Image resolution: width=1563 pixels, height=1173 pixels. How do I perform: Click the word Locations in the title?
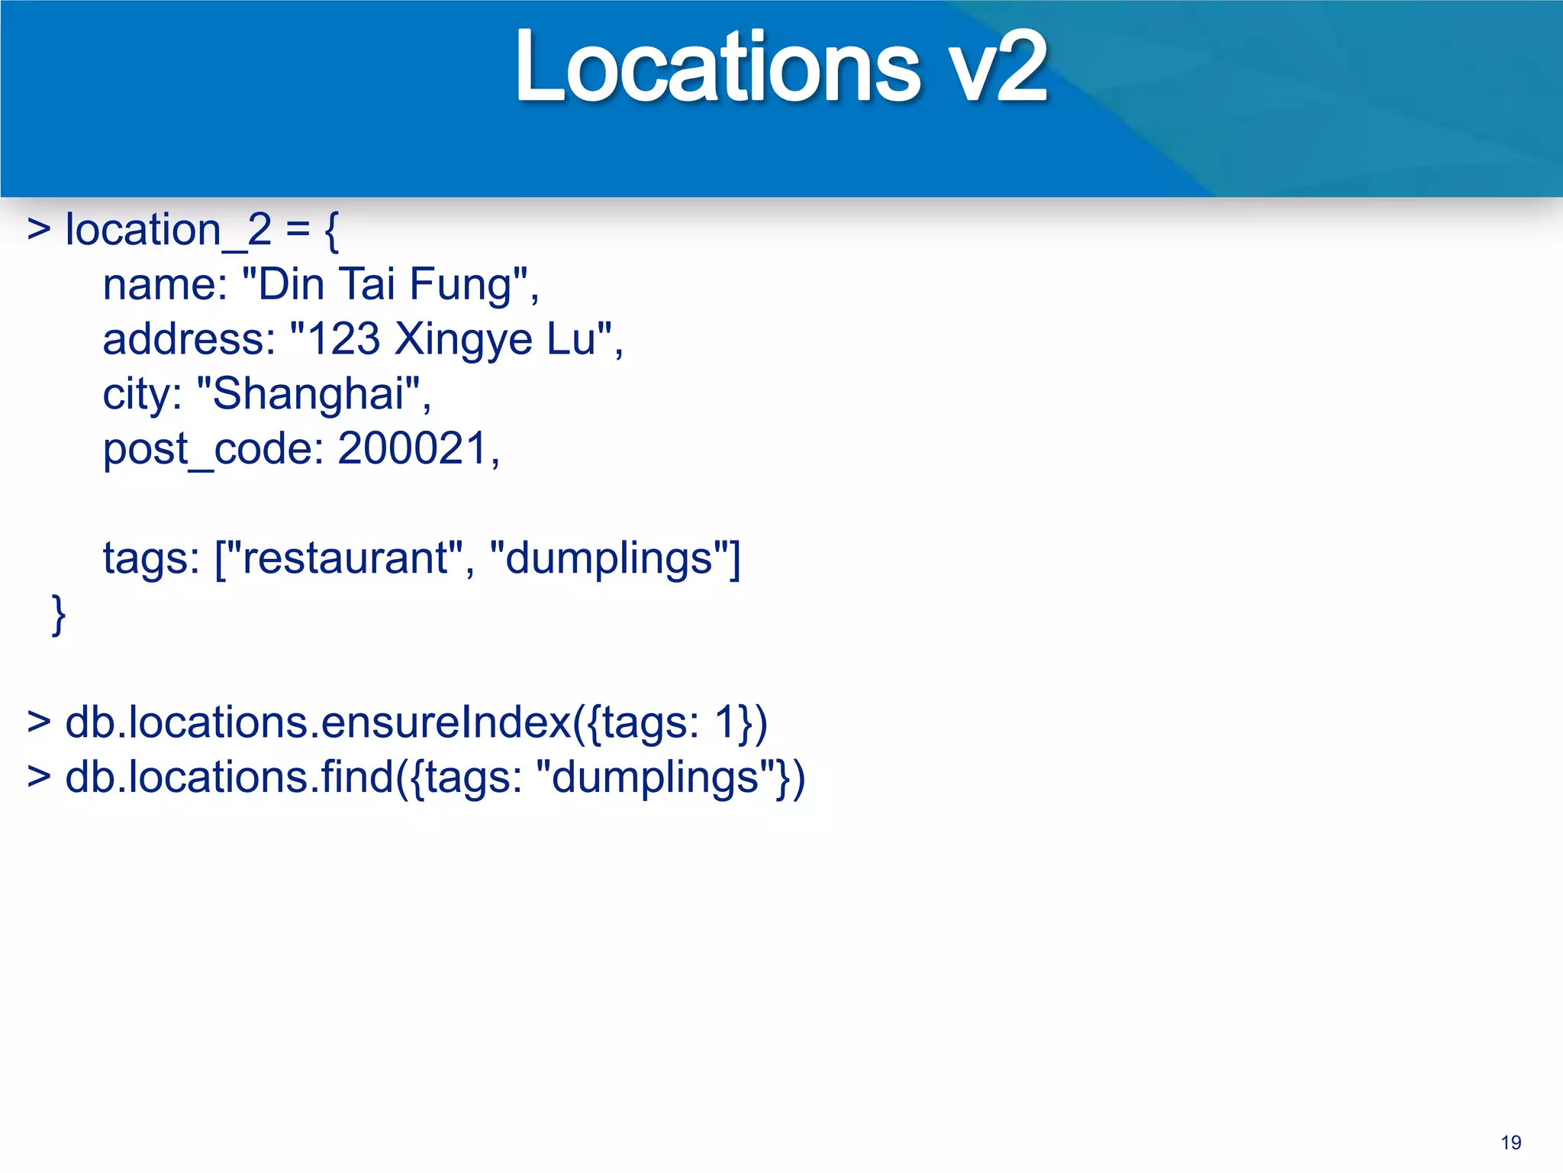[717, 67]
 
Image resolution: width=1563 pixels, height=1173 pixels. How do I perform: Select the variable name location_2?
[168, 230]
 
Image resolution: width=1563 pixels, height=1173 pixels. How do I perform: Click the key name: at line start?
[165, 285]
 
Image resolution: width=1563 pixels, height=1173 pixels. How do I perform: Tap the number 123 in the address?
[343, 339]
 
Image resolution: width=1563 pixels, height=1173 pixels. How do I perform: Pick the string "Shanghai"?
[308, 394]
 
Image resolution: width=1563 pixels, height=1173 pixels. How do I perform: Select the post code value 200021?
[413, 448]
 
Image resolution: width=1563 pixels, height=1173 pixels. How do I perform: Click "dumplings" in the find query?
[656, 778]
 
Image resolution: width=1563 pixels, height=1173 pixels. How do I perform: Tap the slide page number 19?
[1510, 1142]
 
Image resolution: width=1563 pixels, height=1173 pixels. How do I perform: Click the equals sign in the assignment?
[298, 230]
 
